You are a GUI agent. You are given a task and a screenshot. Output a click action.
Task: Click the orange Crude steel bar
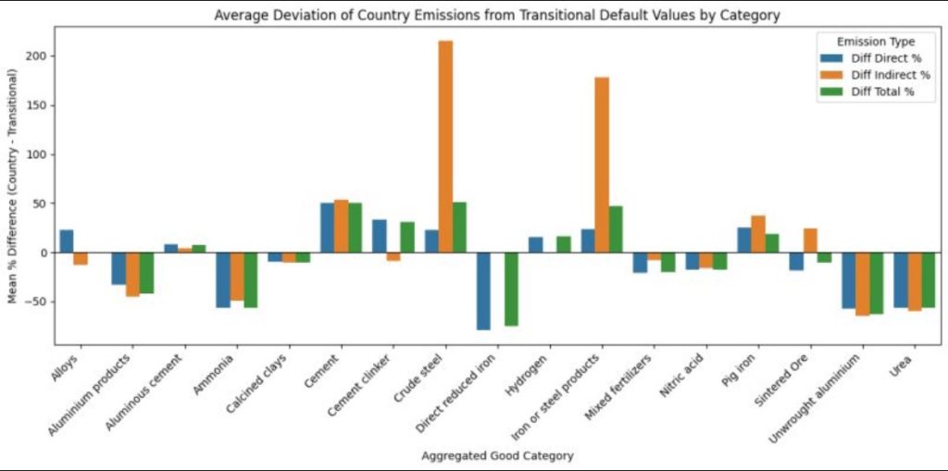(x=445, y=146)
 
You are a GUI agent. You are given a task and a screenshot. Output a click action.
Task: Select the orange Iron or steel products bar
(x=602, y=165)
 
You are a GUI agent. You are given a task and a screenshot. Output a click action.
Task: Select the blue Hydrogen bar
(x=536, y=245)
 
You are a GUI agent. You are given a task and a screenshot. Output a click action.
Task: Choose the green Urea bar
(x=929, y=279)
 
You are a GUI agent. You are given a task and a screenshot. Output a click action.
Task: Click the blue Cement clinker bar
(x=380, y=236)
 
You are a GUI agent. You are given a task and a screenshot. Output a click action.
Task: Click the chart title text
(x=496, y=15)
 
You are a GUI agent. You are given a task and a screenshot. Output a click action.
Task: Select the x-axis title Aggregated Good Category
(x=496, y=455)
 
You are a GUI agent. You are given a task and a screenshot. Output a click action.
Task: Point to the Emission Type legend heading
(x=875, y=42)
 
